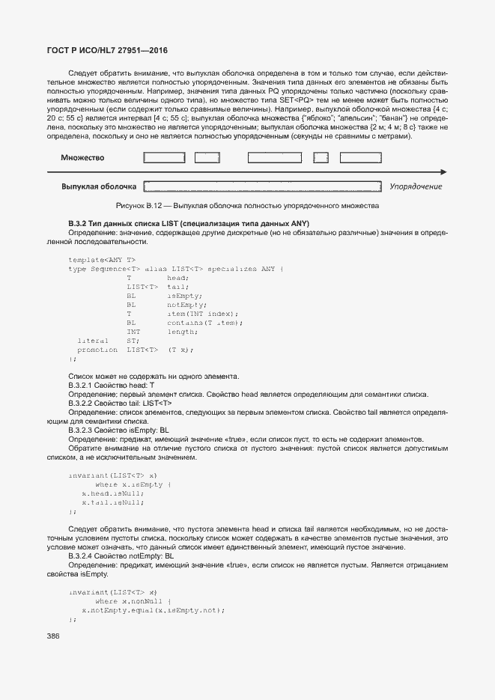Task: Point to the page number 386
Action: point(53,636)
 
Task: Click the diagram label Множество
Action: point(82,158)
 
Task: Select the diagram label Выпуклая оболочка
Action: point(99,186)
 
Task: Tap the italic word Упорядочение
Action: point(416,186)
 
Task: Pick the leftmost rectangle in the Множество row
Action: point(163,158)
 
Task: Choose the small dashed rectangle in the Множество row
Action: point(321,158)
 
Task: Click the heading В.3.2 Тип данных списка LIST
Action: point(189,224)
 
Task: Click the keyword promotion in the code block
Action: point(97,350)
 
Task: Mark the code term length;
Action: point(182,332)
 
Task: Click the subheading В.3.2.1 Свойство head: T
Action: point(111,385)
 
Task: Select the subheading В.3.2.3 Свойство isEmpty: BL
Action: point(118,430)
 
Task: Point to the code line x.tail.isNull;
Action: point(112,502)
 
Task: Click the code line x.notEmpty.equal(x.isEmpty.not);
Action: point(154,610)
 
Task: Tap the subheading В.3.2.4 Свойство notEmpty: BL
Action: point(121,556)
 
